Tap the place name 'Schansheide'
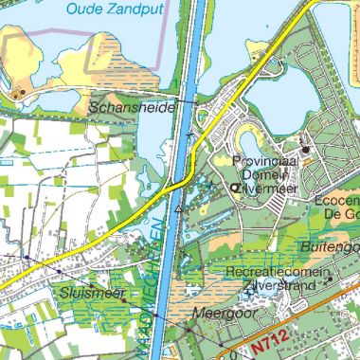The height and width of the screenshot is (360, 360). click(132, 108)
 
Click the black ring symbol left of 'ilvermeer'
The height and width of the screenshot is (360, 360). click(236, 189)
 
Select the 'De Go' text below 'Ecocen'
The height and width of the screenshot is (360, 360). click(343, 214)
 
